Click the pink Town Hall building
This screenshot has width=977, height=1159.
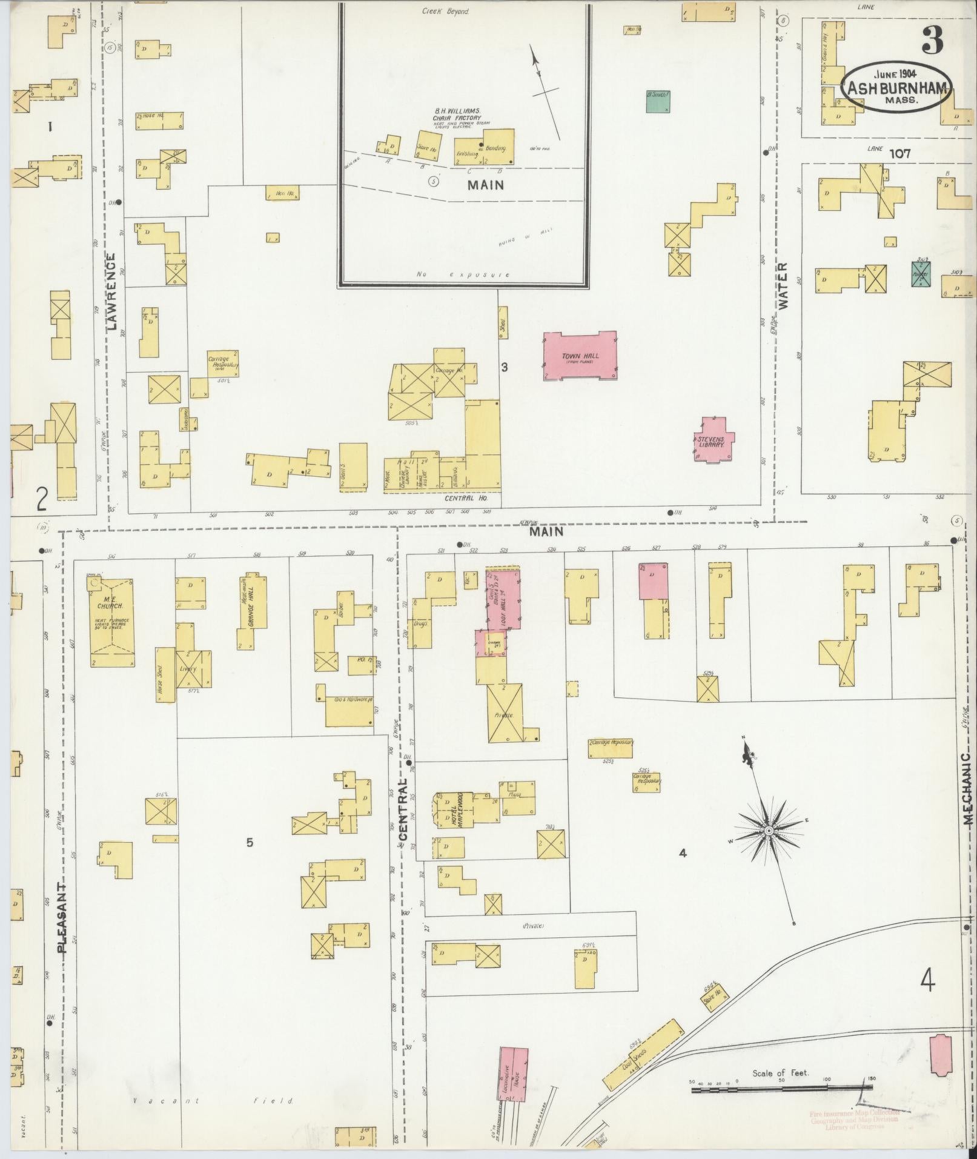580,356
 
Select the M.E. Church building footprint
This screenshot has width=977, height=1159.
112,623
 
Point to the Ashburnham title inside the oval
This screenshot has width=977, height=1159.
896,88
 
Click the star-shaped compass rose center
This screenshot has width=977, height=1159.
767,830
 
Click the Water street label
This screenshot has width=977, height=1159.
783,287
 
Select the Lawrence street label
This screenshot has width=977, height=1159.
112,293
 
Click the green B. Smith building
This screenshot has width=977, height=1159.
658,102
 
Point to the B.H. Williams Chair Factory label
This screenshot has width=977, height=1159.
457,115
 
